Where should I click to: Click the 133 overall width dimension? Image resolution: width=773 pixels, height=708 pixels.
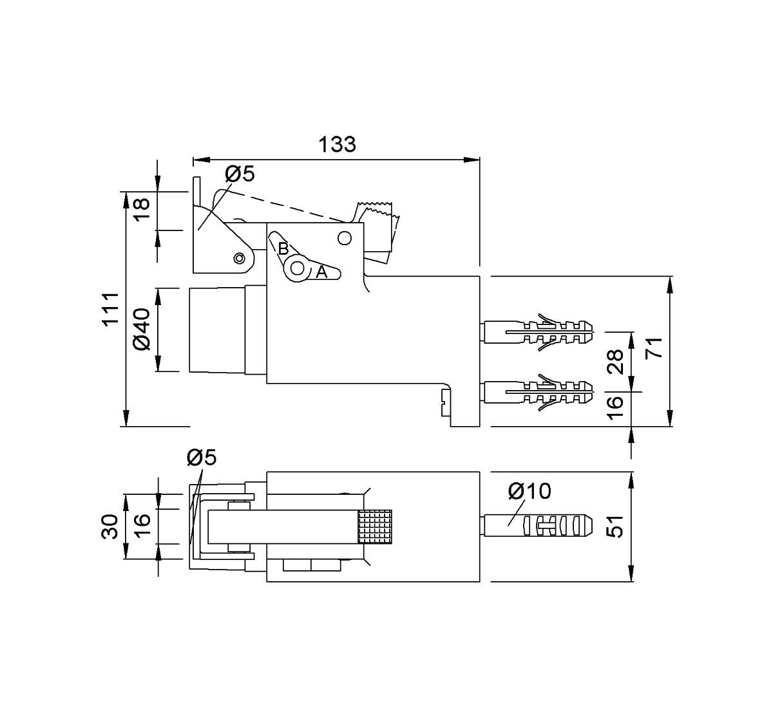tap(337, 144)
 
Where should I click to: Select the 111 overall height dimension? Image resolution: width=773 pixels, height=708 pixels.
tap(111, 309)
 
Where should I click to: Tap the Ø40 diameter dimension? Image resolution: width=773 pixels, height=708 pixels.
tap(142, 330)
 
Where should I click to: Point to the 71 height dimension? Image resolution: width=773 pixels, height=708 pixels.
tap(654, 348)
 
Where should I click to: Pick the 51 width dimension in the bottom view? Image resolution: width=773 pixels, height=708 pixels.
tap(615, 526)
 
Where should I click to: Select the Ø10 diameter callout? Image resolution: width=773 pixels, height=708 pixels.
tap(530, 491)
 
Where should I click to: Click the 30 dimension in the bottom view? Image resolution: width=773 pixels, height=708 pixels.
tap(110, 526)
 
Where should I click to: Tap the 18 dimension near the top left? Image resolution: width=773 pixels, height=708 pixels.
tap(142, 209)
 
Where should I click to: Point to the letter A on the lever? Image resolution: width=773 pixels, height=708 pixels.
tap(321, 272)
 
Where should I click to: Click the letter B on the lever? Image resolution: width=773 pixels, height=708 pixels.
tap(283, 249)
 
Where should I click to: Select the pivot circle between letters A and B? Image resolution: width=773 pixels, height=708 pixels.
tap(297, 268)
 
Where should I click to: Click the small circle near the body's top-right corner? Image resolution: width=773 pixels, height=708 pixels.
tap(345, 238)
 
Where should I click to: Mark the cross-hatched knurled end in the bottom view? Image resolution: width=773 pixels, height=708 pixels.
tap(375, 527)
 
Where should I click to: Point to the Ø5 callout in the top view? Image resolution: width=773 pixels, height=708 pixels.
tap(240, 174)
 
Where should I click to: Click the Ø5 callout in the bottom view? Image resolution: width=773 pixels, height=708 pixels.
tap(202, 457)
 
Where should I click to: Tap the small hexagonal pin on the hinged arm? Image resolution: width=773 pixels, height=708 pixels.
tap(239, 259)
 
